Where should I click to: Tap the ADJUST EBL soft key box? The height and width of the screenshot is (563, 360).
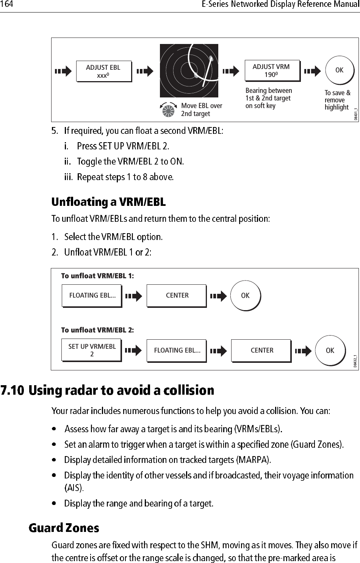103,71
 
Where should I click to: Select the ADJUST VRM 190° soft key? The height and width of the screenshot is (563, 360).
272,71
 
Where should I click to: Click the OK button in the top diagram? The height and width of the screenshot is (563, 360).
339,70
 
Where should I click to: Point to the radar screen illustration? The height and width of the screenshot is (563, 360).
189,71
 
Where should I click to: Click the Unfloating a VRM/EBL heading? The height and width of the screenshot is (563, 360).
108,202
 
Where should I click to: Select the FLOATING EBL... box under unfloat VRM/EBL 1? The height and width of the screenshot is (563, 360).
92,295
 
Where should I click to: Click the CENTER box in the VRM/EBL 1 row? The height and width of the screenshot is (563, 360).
177,295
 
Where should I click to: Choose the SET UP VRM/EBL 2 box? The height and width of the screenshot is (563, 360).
92,350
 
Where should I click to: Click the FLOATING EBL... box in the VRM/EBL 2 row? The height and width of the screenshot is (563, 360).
177,350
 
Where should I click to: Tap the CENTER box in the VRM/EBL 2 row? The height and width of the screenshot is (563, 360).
261,350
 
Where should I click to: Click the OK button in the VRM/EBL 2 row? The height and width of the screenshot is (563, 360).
330,350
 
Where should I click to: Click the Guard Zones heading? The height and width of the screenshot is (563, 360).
64,528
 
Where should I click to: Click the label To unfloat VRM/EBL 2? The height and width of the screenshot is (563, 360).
97,330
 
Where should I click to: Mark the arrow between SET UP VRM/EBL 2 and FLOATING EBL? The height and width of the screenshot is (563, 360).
133,351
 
